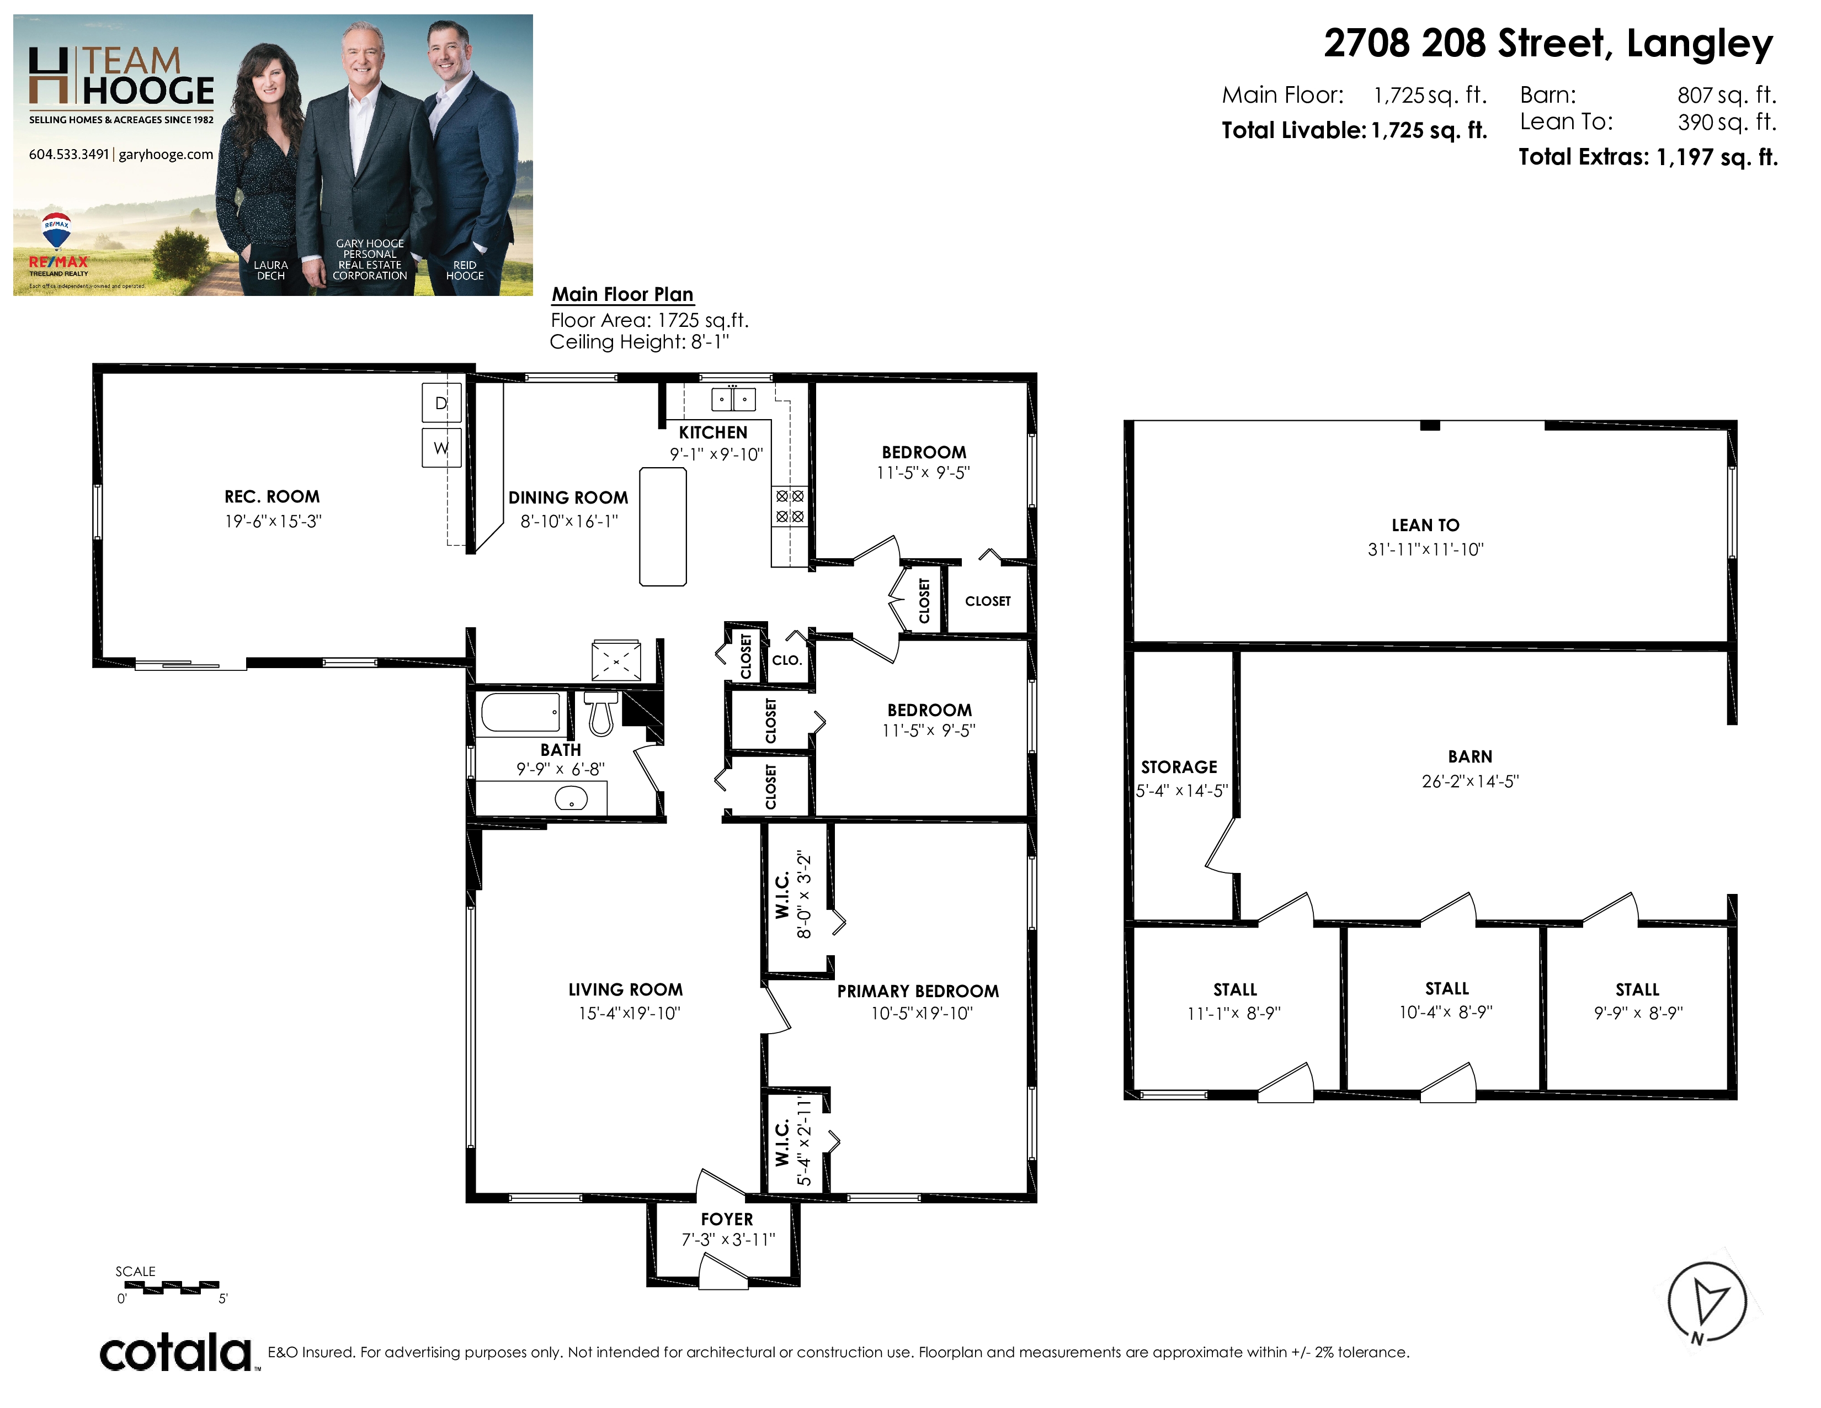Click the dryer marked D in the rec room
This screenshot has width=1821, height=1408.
pos(441,403)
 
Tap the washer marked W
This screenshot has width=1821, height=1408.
pos(441,448)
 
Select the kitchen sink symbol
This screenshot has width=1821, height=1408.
pos(733,400)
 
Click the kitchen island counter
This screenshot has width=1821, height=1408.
pos(663,526)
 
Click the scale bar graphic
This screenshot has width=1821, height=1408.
pos(171,1287)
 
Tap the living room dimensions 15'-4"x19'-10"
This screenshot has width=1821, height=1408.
pos(630,1013)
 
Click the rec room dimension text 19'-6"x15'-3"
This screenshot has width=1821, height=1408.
pos(273,521)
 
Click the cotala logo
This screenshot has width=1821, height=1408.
pos(177,1352)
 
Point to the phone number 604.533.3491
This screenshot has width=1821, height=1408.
pos(68,154)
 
